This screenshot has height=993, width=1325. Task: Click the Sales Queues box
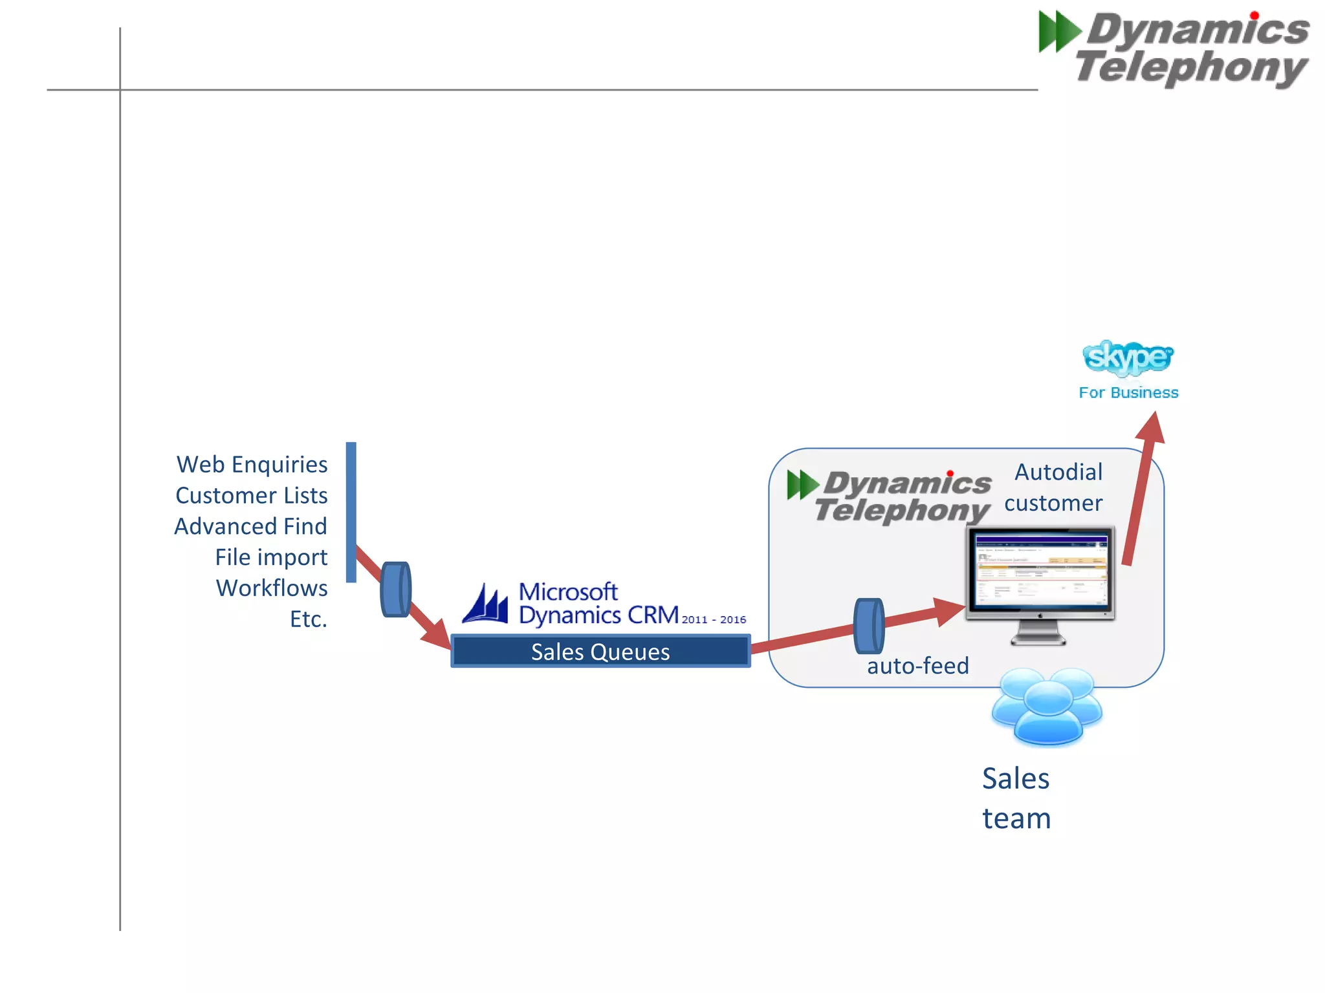600,651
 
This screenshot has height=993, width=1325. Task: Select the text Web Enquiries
252,464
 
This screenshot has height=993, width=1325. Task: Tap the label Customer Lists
251,495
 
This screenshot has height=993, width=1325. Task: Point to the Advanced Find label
250,526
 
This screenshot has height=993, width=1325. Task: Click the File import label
270,557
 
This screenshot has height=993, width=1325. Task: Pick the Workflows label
271,588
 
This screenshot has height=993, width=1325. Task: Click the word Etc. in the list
308,619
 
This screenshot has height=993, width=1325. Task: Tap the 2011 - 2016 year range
714,619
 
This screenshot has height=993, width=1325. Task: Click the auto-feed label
917,666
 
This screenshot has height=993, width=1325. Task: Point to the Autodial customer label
1055,487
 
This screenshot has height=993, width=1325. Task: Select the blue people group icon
1047,707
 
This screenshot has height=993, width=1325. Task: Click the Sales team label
1016,798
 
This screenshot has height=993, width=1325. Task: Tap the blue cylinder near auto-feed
869,626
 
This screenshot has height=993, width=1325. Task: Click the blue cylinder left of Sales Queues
395,589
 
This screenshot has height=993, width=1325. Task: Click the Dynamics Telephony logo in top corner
1174,48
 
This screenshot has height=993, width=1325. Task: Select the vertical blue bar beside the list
351,512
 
